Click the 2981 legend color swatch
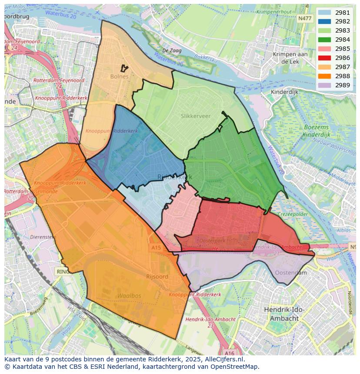[324, 13]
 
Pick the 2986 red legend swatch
[324, 58]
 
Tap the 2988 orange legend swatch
[324, 76]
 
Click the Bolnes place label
[120, 76]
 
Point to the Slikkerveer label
[196, 116]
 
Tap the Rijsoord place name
[157, 276]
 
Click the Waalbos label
[129, 295]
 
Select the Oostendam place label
[291, 273]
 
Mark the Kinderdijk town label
[284, 92]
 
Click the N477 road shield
[305, 18]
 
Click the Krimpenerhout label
[274, 12]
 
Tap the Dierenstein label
[43, 237]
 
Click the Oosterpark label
[212, 240]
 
